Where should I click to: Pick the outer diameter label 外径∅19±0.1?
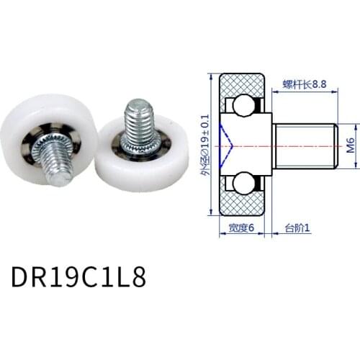click(x=207, y=144)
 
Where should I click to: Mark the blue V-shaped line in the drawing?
click(x=229, y=144)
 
